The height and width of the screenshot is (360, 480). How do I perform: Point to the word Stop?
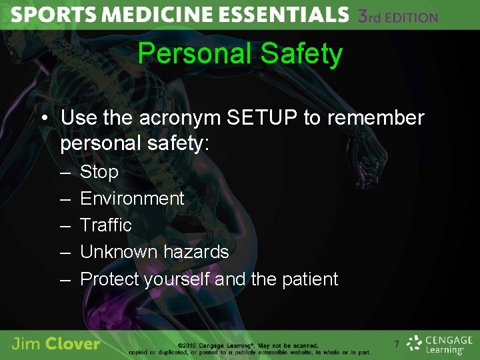(99, 172)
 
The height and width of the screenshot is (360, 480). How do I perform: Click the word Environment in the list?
(132, 199)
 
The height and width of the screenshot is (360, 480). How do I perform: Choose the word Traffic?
(106, 225)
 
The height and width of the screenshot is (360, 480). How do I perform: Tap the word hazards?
(196, 252)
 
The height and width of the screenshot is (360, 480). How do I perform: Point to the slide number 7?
(397, 344)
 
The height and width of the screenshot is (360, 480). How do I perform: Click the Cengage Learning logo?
(440, 343)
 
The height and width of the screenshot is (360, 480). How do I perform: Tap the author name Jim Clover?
(56, 344)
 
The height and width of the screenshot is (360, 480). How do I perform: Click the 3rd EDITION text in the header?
(398, 16)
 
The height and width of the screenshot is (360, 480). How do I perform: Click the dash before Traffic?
(65, 225)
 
